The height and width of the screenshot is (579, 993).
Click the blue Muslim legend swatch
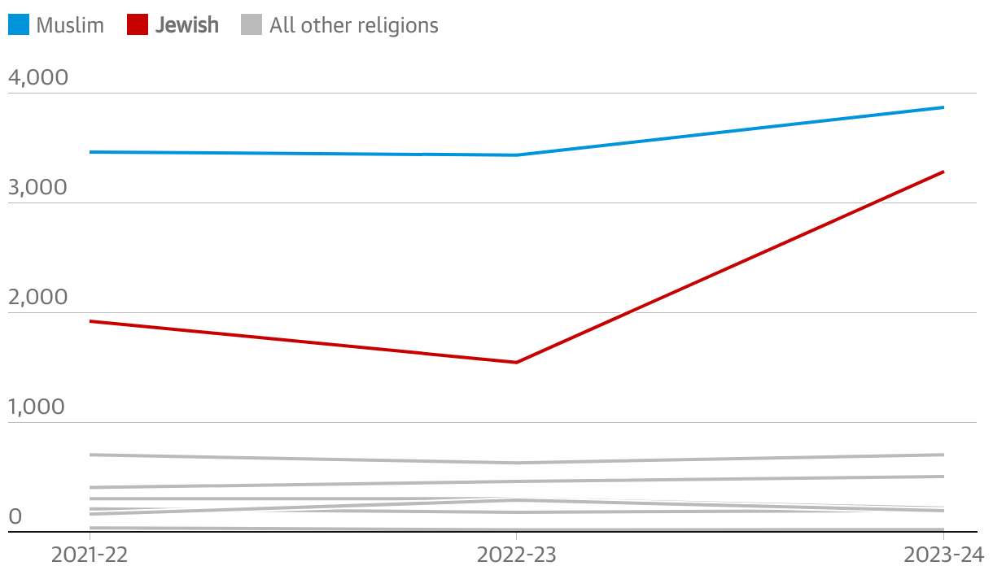point(19,25)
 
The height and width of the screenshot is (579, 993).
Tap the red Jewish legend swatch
point(138,25)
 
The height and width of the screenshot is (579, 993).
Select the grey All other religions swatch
point(252,25)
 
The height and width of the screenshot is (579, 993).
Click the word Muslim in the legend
point(70,25)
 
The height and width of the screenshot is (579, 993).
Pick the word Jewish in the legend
point(187,25)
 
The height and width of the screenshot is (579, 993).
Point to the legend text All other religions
point(354,25)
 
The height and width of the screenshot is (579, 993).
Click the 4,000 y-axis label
point(38,78)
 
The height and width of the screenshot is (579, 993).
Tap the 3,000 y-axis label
point(38,188)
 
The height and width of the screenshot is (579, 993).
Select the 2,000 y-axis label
point(38,298)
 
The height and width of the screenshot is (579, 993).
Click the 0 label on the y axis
point(15,517)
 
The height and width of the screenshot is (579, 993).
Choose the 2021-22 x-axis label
point(90,555)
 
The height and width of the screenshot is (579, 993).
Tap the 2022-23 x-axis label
point(516,555)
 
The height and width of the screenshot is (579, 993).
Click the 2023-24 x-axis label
point(944,555)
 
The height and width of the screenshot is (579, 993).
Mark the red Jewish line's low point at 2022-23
point(517,362)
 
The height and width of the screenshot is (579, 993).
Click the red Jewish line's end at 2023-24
point(943,172)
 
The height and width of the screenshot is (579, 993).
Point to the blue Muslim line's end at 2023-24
point(943,107)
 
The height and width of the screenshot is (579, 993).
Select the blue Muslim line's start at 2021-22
point(90,152)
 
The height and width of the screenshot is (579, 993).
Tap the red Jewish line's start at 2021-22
point(90,321)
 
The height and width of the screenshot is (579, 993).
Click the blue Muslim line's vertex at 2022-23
point(517,155)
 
